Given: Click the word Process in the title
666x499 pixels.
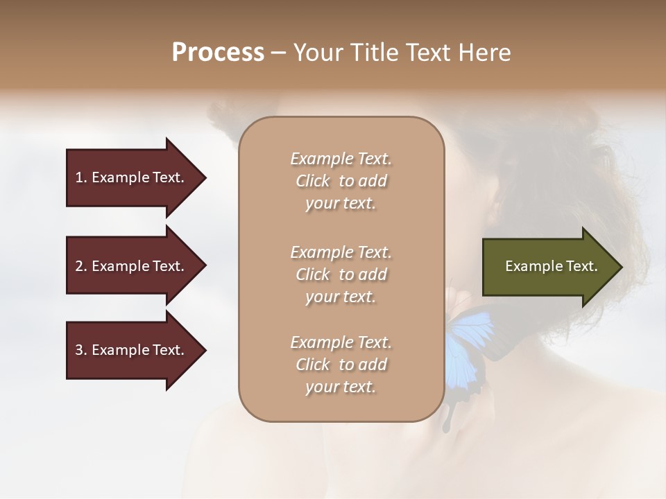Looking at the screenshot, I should (218, 53).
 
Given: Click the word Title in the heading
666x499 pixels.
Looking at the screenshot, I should (372, 53).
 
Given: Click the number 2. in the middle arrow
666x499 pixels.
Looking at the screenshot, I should (81, 266).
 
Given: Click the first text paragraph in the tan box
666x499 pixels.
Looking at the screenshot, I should (341, 181).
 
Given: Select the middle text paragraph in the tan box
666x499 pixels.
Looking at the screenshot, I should (341, 274).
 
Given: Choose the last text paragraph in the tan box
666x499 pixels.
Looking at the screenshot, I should (341, 365).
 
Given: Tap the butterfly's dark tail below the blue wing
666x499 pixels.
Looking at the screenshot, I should (449, 416).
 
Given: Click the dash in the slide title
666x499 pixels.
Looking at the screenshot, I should (279, 53).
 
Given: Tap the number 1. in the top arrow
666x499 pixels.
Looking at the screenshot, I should (81, 177).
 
